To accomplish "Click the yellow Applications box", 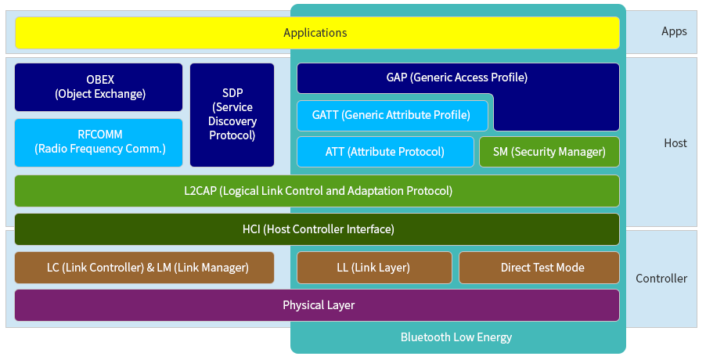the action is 317,33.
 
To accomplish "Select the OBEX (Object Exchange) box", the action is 99,87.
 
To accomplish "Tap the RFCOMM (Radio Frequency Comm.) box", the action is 99,142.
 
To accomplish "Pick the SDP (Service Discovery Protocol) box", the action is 232,115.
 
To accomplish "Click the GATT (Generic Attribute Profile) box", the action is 392,116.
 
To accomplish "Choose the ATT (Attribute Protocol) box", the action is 385,152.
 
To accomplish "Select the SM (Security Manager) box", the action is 549,152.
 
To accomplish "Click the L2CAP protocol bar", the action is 317,191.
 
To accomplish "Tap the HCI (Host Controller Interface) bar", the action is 317,229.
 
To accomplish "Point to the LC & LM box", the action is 145,268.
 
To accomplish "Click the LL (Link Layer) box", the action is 374,268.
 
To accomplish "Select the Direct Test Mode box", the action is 539,268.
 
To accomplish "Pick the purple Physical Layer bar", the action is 317,305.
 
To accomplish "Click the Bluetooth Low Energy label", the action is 456,337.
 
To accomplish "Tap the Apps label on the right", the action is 674,31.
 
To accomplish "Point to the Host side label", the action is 675,143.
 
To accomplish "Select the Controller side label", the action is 661,279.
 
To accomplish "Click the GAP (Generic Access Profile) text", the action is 456,77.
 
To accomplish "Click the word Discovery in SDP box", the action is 232,121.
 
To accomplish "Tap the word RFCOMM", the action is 100,135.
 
